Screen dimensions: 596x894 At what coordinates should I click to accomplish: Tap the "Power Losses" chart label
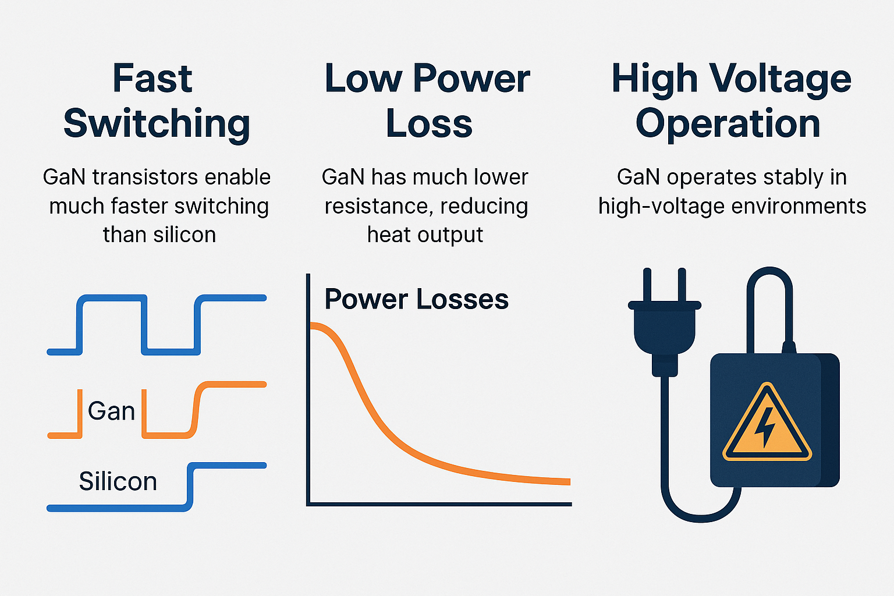click(x=416, y=299)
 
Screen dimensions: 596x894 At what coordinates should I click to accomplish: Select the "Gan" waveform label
click(x=111, y=411)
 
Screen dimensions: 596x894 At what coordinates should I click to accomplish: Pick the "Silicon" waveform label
click(x=118, y=481)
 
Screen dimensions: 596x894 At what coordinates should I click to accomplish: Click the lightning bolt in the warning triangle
click(x=765, y=427)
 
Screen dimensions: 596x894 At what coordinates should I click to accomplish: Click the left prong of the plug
click(x=647, y=285)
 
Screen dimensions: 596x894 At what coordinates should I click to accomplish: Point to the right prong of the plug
click(x=682, y=285)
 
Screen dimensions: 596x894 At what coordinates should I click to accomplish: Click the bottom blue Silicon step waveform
click(x=116, y=508)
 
